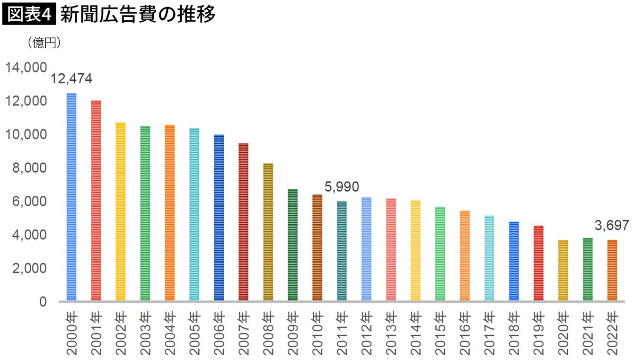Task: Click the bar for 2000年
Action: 71,197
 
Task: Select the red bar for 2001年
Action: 96,201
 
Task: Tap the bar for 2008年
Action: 268,232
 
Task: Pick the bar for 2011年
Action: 342,251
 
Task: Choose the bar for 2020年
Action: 563,270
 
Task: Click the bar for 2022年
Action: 612,270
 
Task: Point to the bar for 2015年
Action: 440,254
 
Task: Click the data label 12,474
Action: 71,79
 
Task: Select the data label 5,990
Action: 342,186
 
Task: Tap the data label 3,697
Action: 612,225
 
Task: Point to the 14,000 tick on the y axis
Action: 26,68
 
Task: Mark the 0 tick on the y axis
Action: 43,301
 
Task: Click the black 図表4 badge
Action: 29,15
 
